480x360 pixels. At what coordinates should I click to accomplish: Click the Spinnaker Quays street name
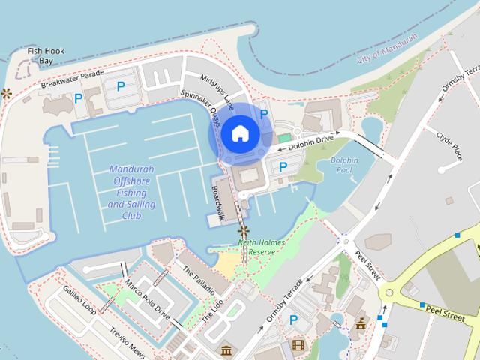tap(200, 107)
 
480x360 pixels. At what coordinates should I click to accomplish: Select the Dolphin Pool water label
tap(344, 166)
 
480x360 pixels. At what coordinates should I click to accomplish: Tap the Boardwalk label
tap(218, 202)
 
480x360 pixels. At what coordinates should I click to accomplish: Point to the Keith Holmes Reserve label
tap(257, 247)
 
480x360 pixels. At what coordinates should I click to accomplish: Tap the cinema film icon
tap(299, 345)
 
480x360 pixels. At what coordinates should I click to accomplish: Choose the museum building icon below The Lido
tap(226, 349)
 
